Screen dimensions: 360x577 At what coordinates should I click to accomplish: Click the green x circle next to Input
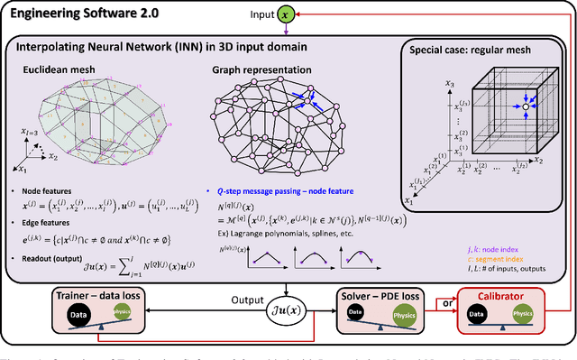pyautogui.click(x=309, y=15)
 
